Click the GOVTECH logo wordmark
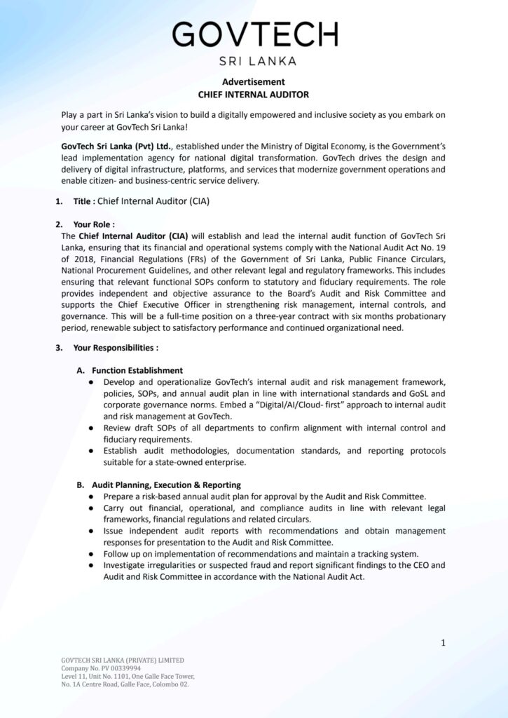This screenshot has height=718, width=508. coord(254,34)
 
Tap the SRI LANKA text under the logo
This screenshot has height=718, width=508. coord(254,60)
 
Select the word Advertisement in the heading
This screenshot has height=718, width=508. coord(254,81)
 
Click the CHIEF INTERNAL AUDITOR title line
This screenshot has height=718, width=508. coord(254,94)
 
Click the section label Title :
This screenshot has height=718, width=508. coord(84,201)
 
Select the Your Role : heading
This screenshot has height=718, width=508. coord(94,224)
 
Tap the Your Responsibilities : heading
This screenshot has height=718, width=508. coord(116,347)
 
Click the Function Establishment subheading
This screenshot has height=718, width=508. coord(137,370)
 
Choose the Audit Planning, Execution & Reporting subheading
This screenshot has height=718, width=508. coord(166,485)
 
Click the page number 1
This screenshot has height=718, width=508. coord(443,642)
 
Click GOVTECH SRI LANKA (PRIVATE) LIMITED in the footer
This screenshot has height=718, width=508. coord(123,661)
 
